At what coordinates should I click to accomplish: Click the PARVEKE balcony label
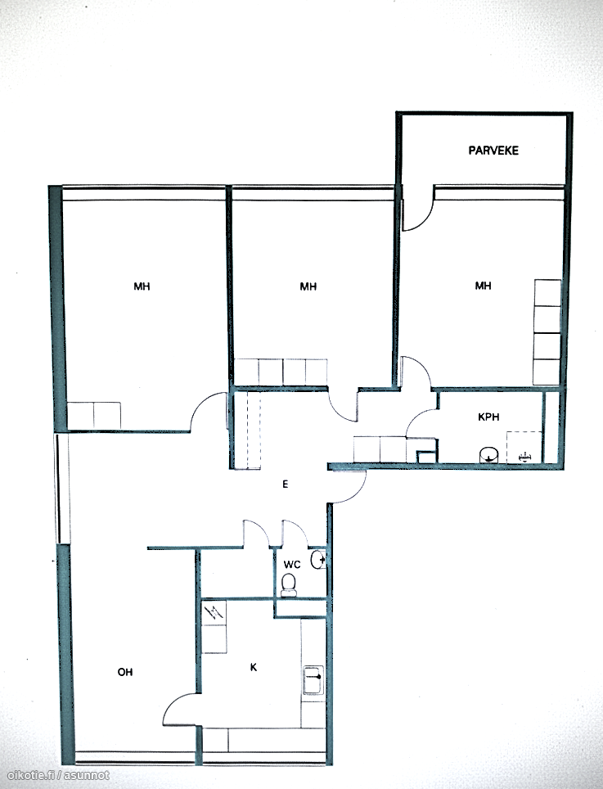tap(493, 151)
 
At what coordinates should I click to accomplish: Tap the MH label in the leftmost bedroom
tap(142, 286)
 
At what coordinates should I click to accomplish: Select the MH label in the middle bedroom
tap(308, 286)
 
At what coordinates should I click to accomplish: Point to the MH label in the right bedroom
tap(483, 286)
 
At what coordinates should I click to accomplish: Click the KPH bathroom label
tap(488, 417)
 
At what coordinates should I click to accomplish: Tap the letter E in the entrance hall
tap(286, 485)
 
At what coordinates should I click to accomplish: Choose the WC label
tap(292, 565)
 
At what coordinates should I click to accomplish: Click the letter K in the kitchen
tap(254, 667)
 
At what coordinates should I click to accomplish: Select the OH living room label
tap(125, 672)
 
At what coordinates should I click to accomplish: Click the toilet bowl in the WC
tap(289, 586)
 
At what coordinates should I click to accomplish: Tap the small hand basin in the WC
tap(317, 560)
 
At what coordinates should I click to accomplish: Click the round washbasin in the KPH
tap(488, 455)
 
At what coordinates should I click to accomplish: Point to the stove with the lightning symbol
tap(214, 613)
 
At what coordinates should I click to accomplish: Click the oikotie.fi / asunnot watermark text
tap(58, 776)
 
